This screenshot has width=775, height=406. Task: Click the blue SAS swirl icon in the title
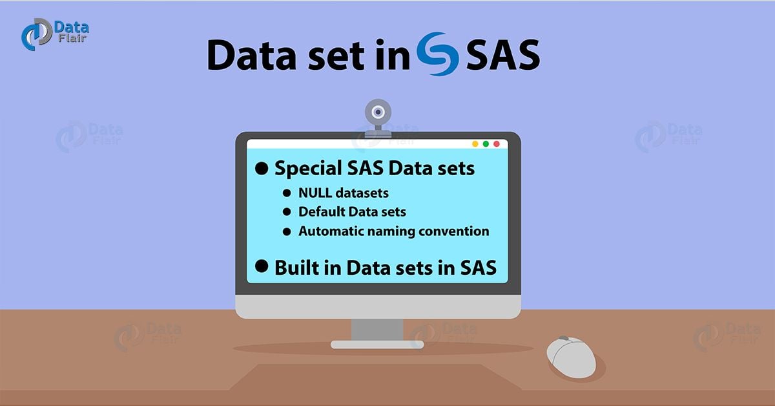click(438, 54)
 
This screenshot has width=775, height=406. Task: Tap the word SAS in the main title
click(502, 56)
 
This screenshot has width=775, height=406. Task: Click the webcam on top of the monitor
click(378, 116)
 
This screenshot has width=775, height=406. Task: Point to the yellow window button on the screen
click(475, 144)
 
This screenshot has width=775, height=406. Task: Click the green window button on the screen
click(486, 144)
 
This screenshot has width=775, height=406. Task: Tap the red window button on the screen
click(496, 144)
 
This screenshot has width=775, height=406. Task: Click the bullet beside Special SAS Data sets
click(262, 169)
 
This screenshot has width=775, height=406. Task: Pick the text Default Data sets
click(352, 211)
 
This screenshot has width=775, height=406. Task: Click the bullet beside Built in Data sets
click(262, 266)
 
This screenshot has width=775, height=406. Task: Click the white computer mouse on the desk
click(571, 357)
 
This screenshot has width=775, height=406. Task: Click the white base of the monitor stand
click(378, 345)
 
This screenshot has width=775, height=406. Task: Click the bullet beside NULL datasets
click(287, 193)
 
